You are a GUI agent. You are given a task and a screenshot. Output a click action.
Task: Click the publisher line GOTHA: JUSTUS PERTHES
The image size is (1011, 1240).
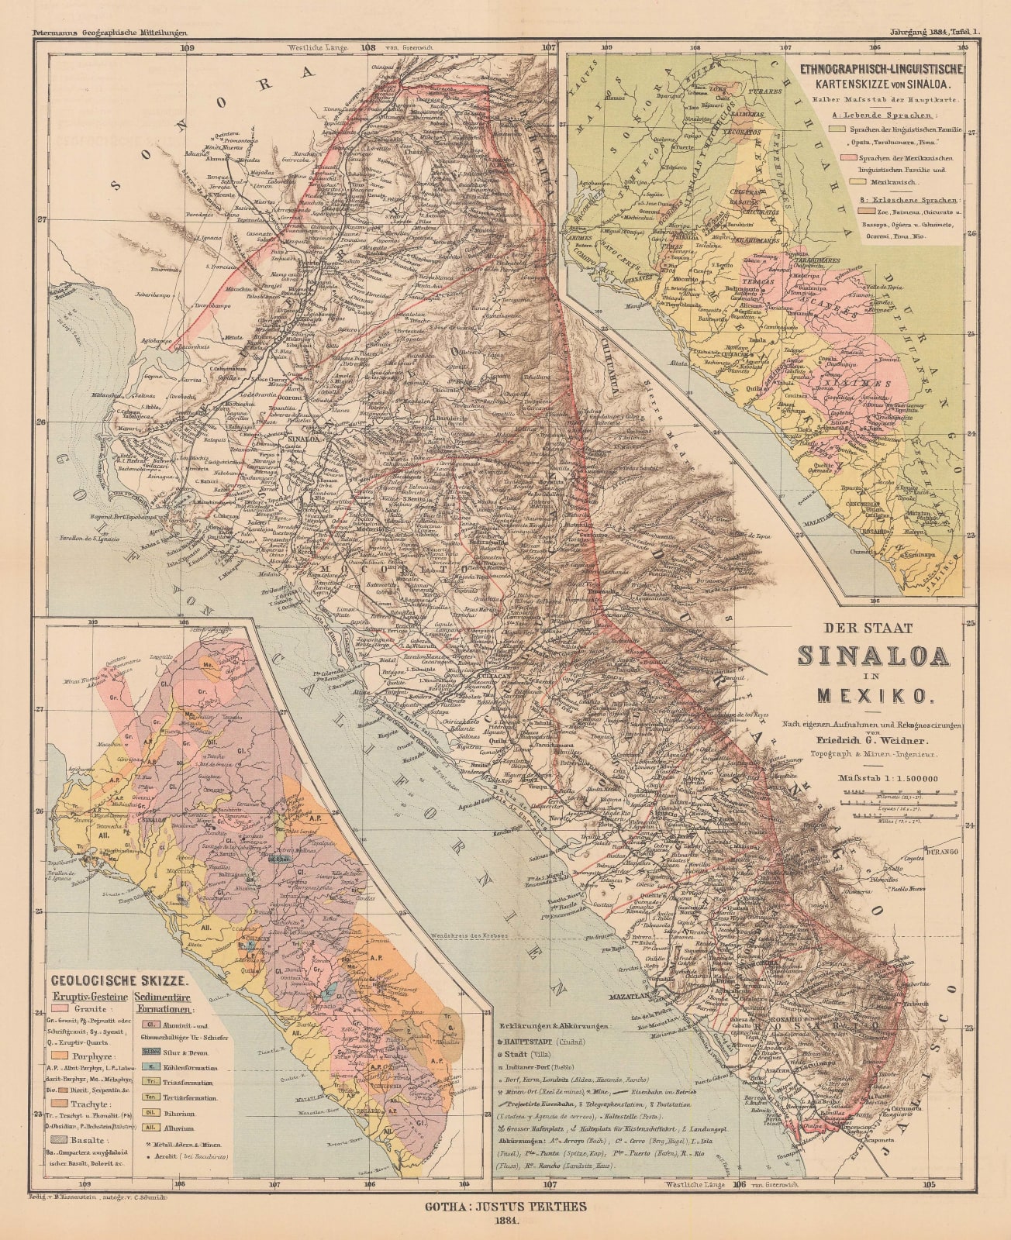pos(505,1206)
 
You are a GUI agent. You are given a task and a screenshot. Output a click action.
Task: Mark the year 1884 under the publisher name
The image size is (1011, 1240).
pos(505,1224)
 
